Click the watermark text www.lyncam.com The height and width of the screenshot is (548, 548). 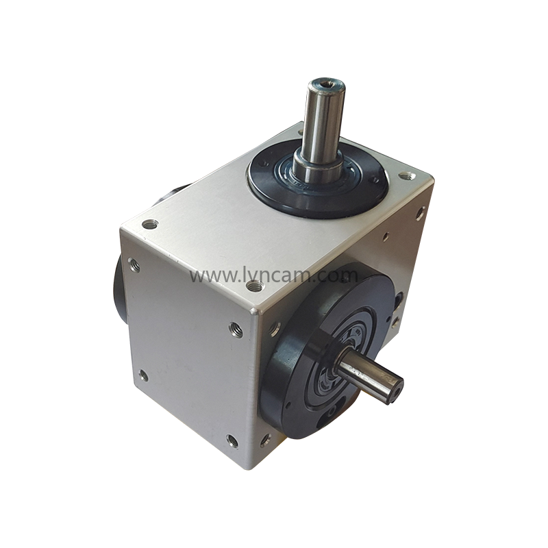coord(274,276)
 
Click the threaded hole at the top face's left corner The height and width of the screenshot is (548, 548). coord(150,223)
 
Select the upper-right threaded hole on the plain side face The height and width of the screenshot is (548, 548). coord(236,329)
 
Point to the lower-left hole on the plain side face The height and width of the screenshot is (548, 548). coord(143,375)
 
